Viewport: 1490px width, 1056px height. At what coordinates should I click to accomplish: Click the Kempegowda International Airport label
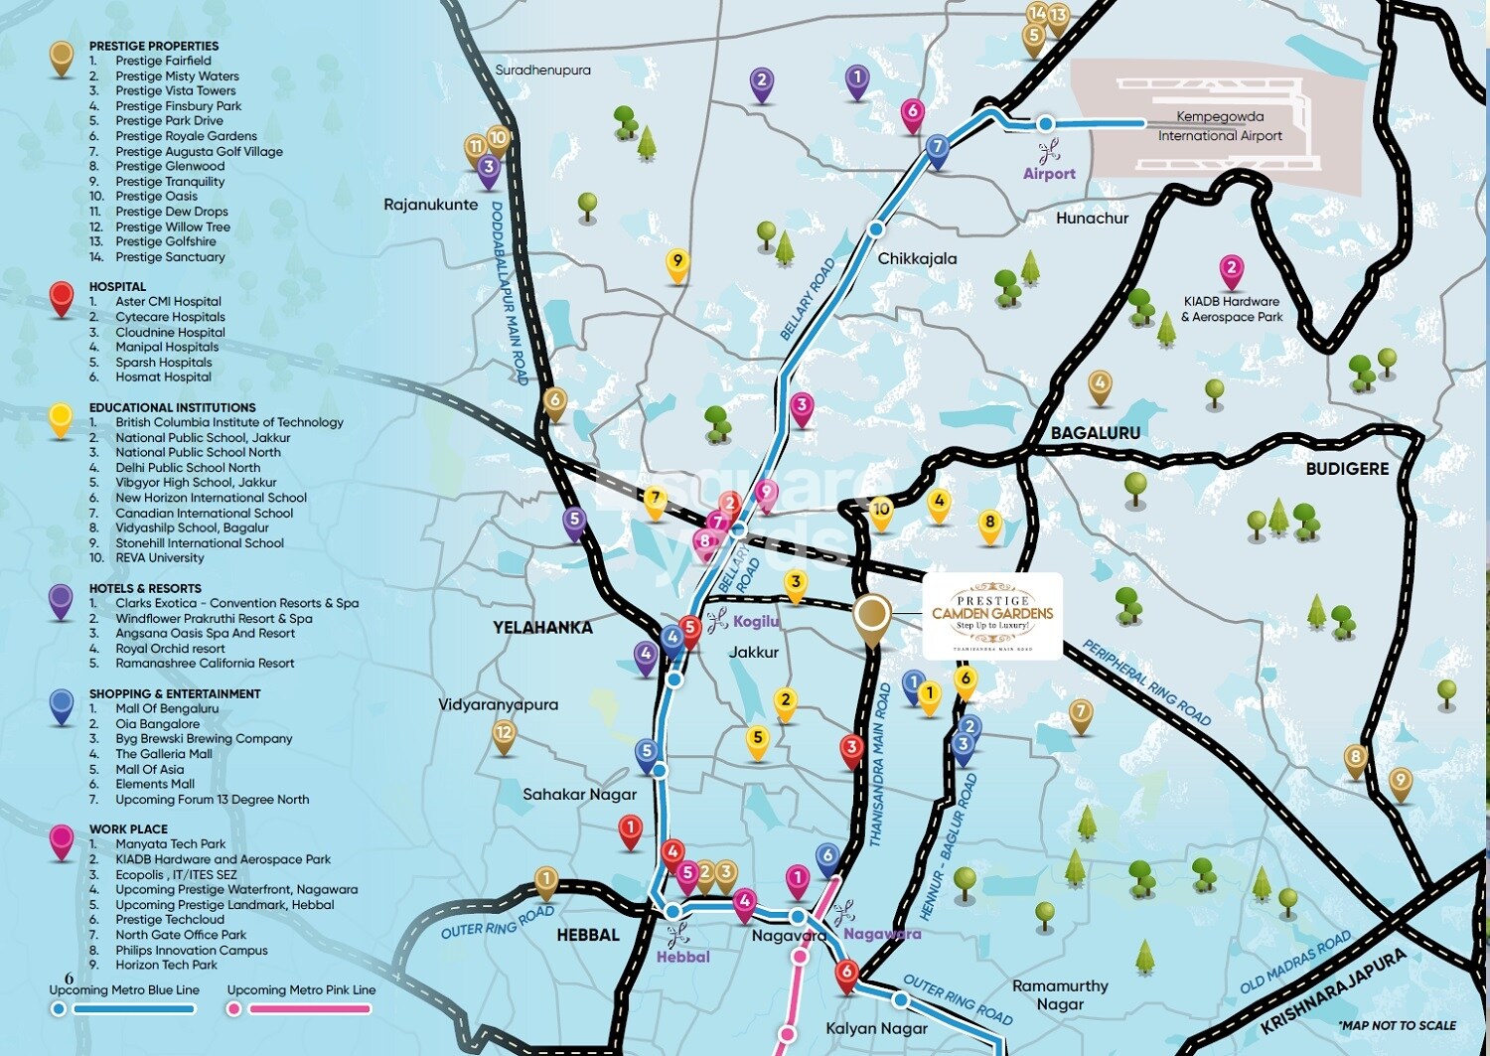pyautogui.click(x=1220, y=126)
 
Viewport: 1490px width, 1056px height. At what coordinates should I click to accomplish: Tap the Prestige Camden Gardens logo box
pyautogui.click(x=991, y=616)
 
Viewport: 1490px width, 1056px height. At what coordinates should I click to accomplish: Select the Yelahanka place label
pyautogui.click(x=542, y=627)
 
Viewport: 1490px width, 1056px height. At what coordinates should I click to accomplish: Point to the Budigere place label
pyautogui.click(x=1346, y=468)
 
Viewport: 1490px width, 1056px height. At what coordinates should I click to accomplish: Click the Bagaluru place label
pyautogui.click(x=1096, y=433)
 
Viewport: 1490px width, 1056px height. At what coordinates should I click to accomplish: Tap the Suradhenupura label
pyautogui.click(x=542, y=71)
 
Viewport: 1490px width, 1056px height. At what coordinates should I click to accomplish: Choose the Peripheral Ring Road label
pyautogui.click(x=1146, y=682)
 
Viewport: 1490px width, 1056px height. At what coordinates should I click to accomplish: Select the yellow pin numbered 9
pyautogui.click(x=677, y=262)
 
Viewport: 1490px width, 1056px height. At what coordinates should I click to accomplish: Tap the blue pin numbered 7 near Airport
pyautogui.click(x=937, y=148)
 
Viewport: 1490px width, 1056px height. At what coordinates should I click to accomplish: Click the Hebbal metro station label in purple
pyautogui.click(x=682, y=957)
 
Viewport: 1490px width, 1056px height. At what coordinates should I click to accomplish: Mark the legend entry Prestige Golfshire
pyautogui.click(x=165, y=241)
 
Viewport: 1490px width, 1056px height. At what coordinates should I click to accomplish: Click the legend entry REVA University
pyautogui.click(x=159, y=558)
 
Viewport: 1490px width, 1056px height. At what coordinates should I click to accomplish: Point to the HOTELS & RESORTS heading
pyautogui.click(x=145, y=588)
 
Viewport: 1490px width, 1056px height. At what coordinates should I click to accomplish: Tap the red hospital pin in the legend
pyautogui.click(x=62, y=296)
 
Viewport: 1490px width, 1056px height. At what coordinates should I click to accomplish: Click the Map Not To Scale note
pyautogui.click(x=1396, y=1025)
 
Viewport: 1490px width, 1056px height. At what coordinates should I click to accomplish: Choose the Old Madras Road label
pyautogui.click(x=1295, y=962)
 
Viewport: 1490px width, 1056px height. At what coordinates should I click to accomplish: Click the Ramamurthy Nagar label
pyautogui.click(x=1060, y=994)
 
